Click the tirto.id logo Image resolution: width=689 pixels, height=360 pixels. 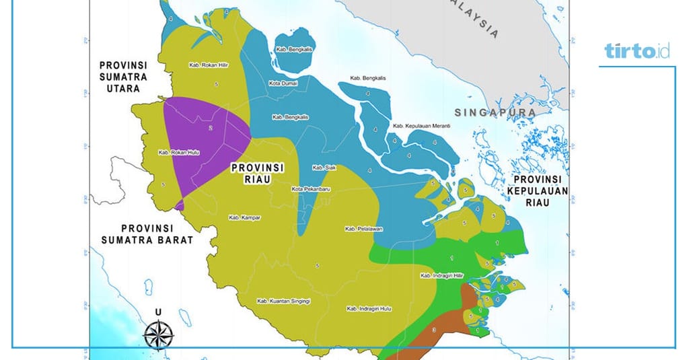(637, 51)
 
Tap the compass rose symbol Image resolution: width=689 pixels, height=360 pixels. (158, 332)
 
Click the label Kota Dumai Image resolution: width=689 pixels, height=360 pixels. (286, 83)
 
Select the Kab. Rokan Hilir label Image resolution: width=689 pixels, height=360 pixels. (205, 65)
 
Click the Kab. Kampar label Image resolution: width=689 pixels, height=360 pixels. (244, 217)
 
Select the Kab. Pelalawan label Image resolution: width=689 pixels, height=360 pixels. (363, 229)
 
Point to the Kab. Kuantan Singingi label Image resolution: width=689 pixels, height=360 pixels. (283, 301)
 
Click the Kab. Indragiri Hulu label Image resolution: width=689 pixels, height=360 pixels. (369, 308)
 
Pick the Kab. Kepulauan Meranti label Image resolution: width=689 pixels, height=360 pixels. (421, 126)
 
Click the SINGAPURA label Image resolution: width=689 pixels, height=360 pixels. (494, 112)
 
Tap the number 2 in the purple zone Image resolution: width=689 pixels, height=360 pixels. (211, 127)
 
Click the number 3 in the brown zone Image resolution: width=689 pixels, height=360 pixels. (434, 330)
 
